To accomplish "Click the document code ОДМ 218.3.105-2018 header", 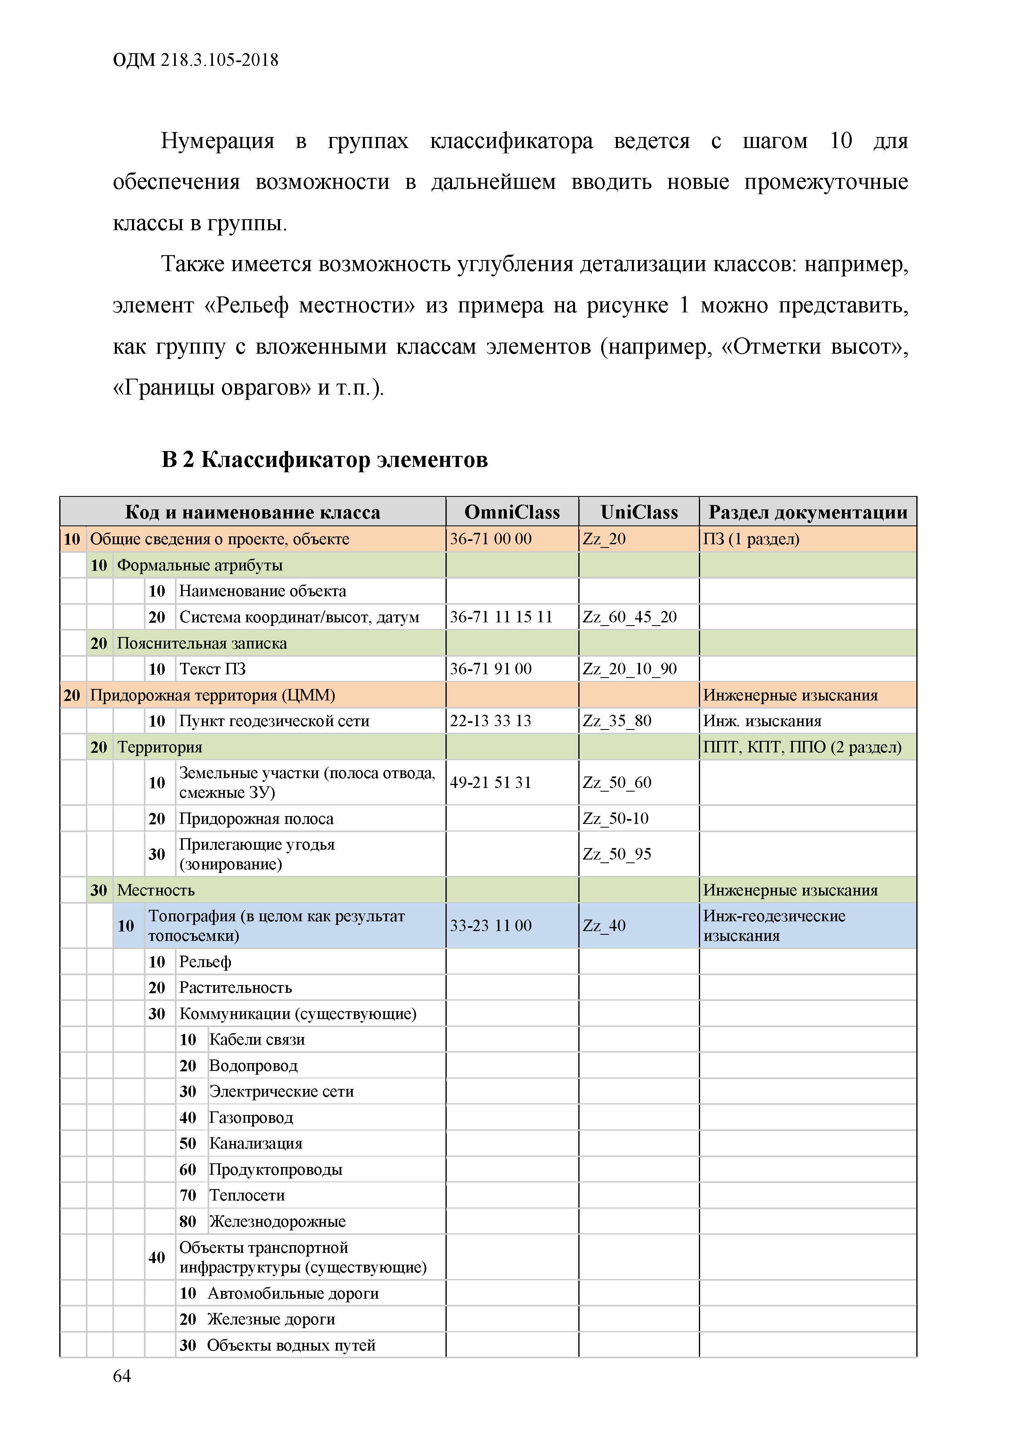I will [x=195, y=60].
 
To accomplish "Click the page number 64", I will [x=122, y=1376].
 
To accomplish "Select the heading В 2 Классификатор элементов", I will [x=324, y=459].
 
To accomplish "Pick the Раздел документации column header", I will [x=807, y=512].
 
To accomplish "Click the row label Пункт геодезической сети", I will [x=274, y=721].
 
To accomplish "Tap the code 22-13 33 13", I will [x=490, y=721].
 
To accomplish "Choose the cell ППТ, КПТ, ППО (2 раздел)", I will [x=802, y=747].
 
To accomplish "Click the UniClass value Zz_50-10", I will [x=615, y=818].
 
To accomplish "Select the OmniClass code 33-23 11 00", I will [x=490, y=926].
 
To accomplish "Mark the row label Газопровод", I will [x=251, y=1118].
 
